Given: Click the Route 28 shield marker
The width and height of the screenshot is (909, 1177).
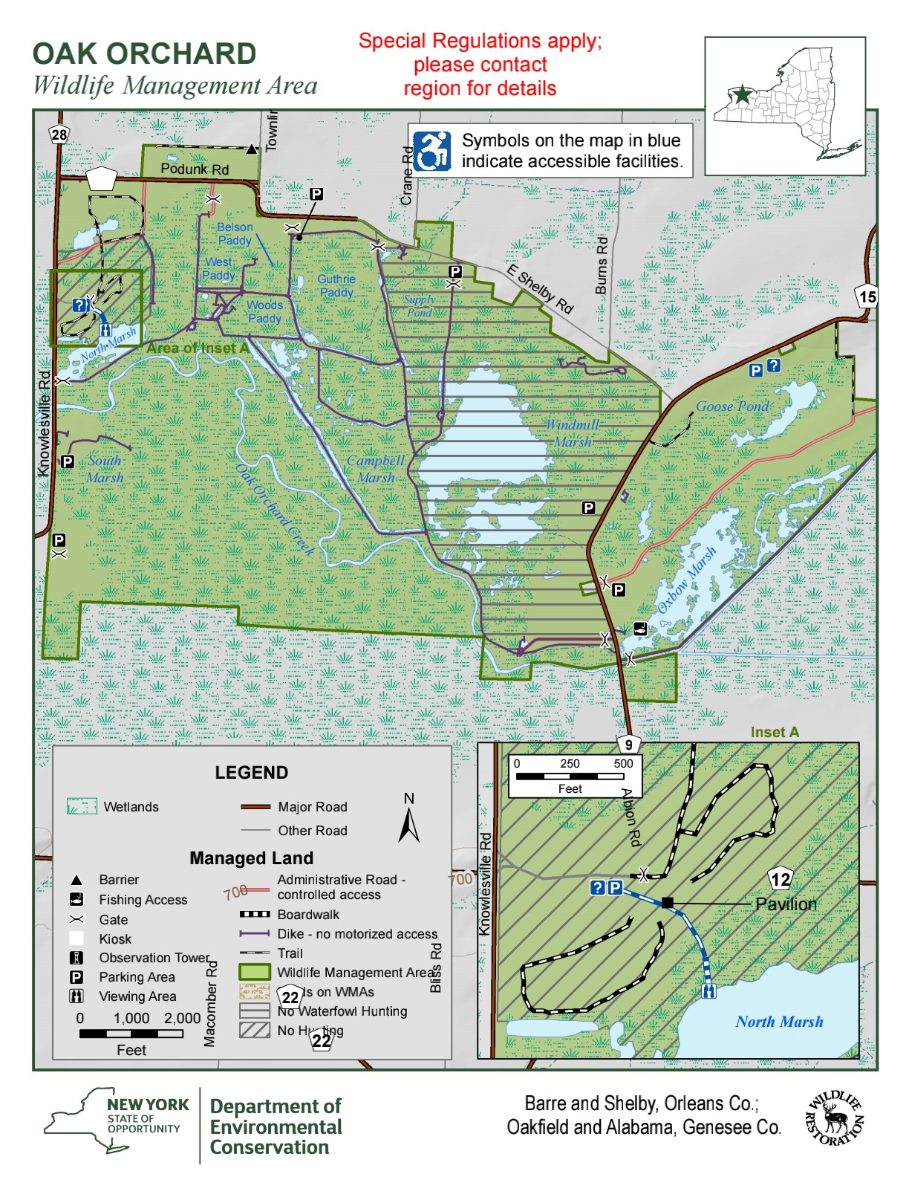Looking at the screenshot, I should coord(59,134).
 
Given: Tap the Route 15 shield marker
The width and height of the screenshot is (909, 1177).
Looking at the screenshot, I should coord(867,296).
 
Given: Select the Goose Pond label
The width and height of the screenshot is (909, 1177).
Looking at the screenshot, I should coord(732,406).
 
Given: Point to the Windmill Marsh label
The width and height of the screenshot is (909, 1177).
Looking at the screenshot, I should coord(573,433).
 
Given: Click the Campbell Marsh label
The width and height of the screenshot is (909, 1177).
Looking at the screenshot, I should coord(376,469).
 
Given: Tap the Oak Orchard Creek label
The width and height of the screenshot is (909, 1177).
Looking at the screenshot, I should coord(275,510).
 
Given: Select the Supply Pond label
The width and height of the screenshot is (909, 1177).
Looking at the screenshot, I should coord(420,306).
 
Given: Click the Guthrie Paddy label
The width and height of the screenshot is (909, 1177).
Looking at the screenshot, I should coord(336,285).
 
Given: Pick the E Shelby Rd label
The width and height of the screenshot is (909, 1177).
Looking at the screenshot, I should coord(540,290).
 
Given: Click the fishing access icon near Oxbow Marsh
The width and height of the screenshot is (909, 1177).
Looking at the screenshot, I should coord(640,629).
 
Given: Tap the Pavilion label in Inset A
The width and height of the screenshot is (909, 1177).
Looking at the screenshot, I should coord(786,904).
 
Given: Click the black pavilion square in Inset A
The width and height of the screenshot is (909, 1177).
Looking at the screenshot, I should coord(667,903).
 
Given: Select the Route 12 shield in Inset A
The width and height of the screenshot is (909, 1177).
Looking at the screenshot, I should coord(781,880).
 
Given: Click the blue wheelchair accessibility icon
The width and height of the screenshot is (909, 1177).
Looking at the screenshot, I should coord(432,152).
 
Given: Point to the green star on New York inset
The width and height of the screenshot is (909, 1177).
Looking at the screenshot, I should coord(741,94).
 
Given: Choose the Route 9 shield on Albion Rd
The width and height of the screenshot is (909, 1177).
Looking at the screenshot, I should coord(629,745).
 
